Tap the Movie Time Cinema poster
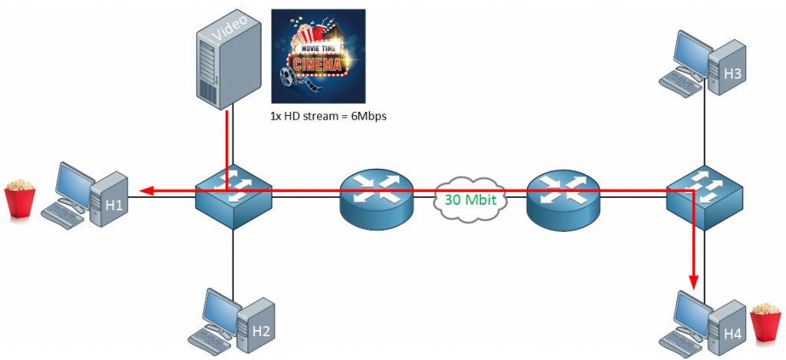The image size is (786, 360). tap(319, 55)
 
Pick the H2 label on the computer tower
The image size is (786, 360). tap(261, 331)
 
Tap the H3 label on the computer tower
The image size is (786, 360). tap(732, 74)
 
